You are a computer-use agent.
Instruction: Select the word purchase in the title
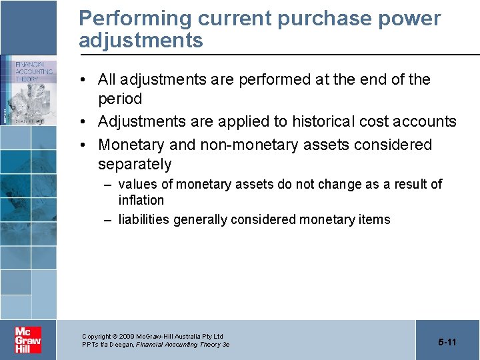314,19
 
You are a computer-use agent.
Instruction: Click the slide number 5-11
447,342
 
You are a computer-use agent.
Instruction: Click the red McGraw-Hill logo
28,340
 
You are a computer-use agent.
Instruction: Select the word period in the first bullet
120,99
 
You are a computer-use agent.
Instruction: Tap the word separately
135,164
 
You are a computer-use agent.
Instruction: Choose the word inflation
141,200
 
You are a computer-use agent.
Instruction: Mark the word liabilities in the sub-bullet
144,219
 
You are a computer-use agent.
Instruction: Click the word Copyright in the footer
96,337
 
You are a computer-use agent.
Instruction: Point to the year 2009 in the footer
127,337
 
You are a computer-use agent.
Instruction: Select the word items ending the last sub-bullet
375,219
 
